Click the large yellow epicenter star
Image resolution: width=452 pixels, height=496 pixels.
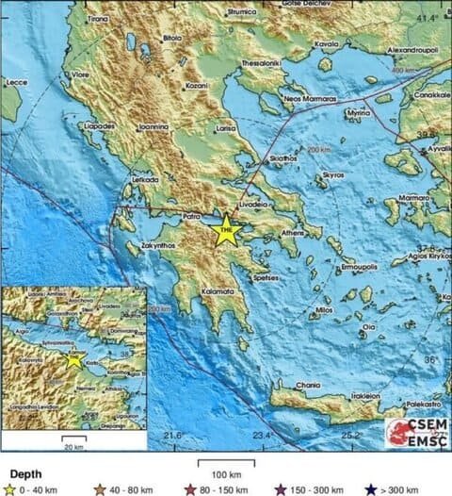click(225, 229)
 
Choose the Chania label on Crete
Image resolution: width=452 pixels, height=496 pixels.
click(282, 386)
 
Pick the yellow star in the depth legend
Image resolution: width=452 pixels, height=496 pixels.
click(10, 488)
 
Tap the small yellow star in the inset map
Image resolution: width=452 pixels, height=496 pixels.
click(74, 361)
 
